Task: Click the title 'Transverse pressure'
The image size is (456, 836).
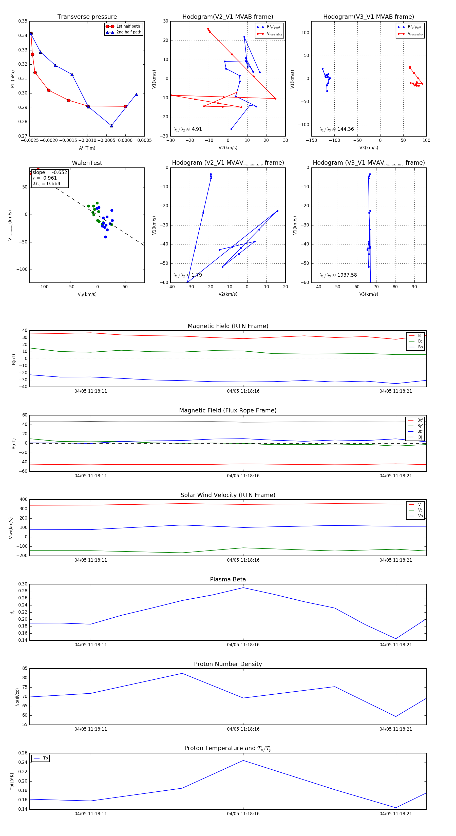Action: (87, 17)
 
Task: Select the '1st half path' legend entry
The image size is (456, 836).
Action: (128, 26)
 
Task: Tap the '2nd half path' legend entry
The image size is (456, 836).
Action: (128, 32)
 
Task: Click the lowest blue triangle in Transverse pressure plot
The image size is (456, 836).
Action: (112, 126)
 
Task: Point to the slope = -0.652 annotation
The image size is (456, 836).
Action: (50, 172)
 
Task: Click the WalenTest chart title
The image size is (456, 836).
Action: (87, 163)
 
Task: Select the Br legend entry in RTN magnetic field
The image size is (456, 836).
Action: (420, 336)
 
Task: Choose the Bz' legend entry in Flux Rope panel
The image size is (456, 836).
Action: (420, 431)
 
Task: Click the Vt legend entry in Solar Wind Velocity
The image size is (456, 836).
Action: (420, 510)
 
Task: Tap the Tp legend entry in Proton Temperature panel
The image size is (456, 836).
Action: (45, 758)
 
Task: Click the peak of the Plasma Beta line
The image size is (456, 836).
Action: (243, 588)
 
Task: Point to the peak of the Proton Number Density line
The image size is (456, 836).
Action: (182, 673)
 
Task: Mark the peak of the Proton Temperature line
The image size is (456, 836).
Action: (243, 761)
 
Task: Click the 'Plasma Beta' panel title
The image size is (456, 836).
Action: (228, 579)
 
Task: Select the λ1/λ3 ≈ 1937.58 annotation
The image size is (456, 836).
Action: (338, 275)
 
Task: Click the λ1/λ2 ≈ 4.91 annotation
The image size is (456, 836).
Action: (188, 129)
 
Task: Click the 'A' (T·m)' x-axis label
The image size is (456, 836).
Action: (87, 148)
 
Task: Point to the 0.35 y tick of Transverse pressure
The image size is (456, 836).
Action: (23, 21)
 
